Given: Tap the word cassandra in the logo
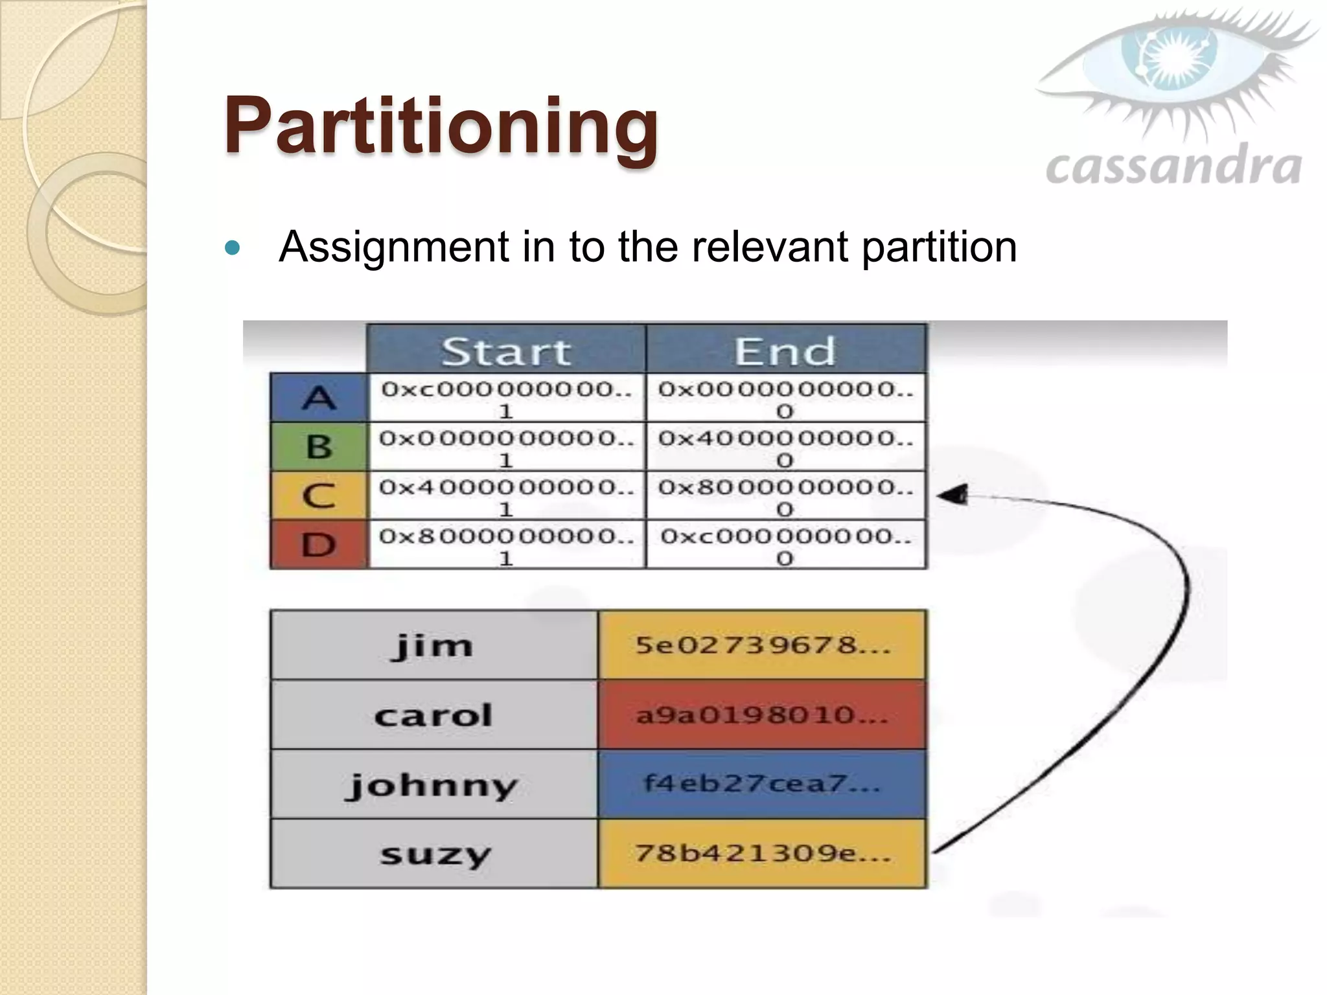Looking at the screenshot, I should point(1173,166).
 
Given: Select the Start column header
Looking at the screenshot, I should point(506,350).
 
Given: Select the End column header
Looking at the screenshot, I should point(785,350).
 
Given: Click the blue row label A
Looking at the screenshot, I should point(319,397).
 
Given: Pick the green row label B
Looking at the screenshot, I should point(319,446).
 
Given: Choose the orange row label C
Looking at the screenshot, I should point(319,496).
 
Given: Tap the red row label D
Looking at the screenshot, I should point(319,545).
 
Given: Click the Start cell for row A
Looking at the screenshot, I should point(506,398).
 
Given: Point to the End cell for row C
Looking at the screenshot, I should point(785,496).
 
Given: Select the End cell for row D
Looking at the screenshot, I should point(785,545).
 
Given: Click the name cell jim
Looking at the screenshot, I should point(433,645).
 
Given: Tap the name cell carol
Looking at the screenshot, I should point(433,715).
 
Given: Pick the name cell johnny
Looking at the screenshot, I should point(433,784).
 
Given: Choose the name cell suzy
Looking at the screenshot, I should point(433,854).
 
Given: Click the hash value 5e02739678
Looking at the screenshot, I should point(763,645).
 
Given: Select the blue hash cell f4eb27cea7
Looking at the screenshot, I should point(763,784).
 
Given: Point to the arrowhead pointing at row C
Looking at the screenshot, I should point(951,496).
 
